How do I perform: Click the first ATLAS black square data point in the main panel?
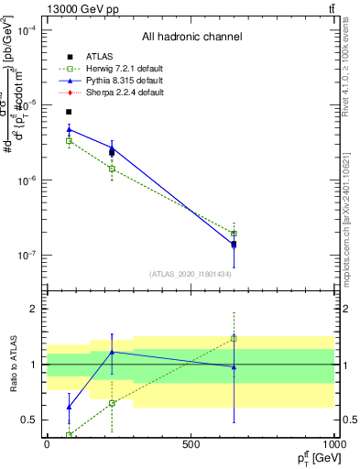(69, 112)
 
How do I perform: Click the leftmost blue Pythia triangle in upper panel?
(69, 129)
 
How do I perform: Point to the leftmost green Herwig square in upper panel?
(69, 140)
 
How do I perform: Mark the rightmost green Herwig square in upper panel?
(234, 234)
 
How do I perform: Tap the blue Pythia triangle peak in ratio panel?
(112, 352)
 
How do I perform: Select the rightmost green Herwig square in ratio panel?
(234, 338)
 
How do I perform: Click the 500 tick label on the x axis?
(191, 444)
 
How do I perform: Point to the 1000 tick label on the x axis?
(333, 444)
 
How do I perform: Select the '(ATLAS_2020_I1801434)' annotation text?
(190, 274)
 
